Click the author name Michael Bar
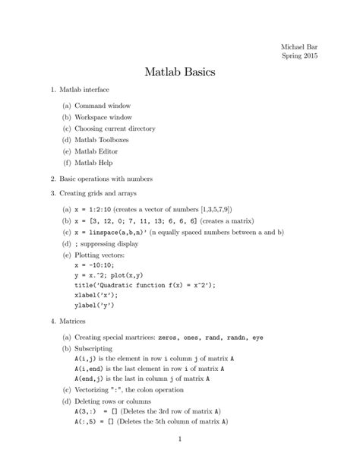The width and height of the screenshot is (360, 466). click(300, 47)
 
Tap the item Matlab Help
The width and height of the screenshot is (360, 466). click(95, 163)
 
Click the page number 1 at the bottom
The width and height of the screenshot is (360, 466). click(180, 439)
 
